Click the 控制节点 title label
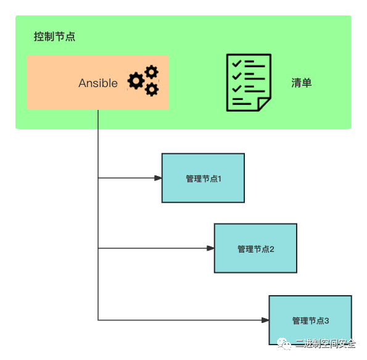tap(54, 36)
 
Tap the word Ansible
tap(98, 83)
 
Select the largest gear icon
tap(136, 81)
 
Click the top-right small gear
tap(152, 72)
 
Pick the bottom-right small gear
tap(152, 90)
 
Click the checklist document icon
tap(249, 83)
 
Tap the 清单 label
tap(302, 83)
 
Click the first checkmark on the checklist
tap(237, 63)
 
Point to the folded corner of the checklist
tap(264, 104)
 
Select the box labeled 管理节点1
tap(203, 178)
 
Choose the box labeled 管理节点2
tap(255, 248)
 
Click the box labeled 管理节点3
tap(310, 320)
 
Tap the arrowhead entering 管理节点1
tap(158, 178)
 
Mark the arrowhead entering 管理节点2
tap(210, 248)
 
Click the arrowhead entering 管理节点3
tap(265, 320)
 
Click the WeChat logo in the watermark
tap(284, 344)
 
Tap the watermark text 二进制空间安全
tap(325, 344)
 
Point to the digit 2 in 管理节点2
tap(272, 249)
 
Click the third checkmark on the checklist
tap(237, 88)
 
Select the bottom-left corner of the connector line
tap(98, 320)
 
